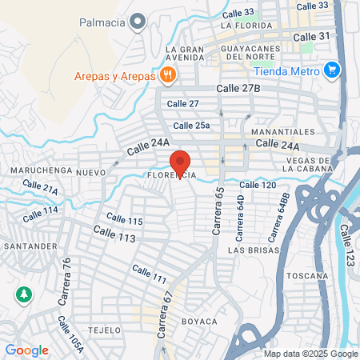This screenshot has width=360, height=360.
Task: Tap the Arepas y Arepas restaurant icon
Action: (166, 75)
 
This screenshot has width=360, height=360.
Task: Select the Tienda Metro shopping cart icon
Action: (332, 70)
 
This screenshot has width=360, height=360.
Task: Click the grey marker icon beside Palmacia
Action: (139, 21)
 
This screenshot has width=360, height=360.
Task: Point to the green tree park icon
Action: (24, 294)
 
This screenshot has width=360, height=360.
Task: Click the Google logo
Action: (26, 350)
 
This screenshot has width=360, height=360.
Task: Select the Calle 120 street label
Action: (258, 185)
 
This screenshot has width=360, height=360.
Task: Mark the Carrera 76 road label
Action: (66, 277)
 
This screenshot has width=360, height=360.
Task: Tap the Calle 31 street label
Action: (311, 37)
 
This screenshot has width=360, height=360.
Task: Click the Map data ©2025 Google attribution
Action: (311, 354)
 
